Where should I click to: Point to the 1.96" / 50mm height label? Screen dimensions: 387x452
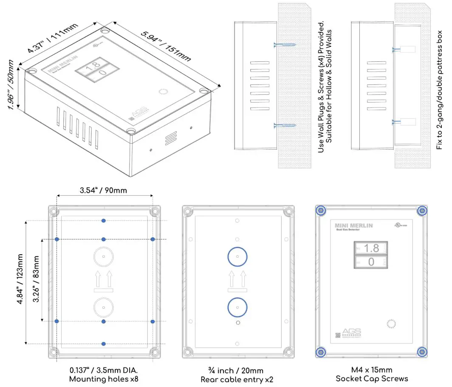point(12,84)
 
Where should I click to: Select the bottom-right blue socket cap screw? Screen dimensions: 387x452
point(422,351)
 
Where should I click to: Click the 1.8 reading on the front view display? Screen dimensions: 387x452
point(371,248)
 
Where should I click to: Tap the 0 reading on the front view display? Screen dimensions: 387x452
point(371,262)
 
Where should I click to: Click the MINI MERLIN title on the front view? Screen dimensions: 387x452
point(353,226)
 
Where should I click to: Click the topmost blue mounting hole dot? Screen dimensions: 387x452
point(104,220)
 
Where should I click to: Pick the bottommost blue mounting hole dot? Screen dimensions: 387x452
point(104,343)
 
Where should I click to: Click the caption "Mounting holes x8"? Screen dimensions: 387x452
point(104,378)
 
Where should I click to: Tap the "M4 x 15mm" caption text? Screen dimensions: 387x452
point(372,369)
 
